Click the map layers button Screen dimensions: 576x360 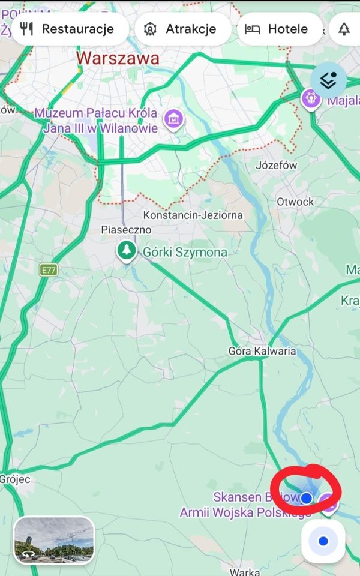[328, 80]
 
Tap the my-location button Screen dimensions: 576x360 [323, 541]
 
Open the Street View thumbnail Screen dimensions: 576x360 [54, 539]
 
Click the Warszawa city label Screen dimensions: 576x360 [118, 58]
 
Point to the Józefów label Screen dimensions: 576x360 [277, 165]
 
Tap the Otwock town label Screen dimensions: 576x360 [295, 202]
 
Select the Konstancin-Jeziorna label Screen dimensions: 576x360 [193, 215]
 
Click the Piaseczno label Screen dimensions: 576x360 [126, 230]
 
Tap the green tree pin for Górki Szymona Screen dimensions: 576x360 [126, 250]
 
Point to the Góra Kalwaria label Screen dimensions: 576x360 [262, 351]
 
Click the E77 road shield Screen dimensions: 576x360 [49, 271]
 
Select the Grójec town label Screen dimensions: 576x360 [15, 479]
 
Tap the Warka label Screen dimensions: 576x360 [244, 571]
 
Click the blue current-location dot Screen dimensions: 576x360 [307, 497]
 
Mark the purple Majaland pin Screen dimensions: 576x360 [311, 97]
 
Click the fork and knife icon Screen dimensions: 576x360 [26, 29]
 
